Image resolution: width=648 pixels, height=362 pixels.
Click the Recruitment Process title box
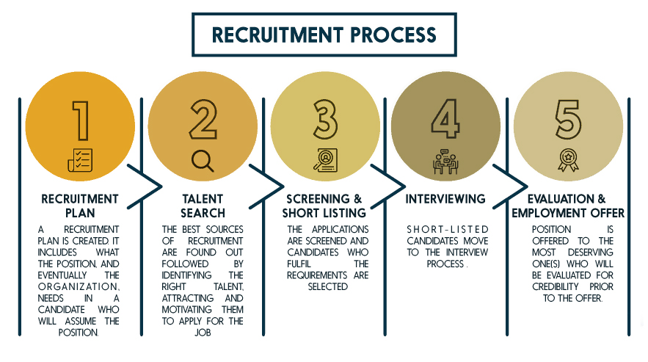pos(324,34)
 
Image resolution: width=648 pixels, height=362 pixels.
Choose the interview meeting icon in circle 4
pos(445,161)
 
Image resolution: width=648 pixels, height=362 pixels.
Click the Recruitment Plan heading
pos(80,206)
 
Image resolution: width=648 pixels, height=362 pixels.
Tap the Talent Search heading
pos(203,206)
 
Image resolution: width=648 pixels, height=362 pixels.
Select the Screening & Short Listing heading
pos(324,206)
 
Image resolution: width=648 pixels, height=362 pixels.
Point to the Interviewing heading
pos(445,199)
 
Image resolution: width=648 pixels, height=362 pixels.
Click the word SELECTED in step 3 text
pos(327,286)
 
